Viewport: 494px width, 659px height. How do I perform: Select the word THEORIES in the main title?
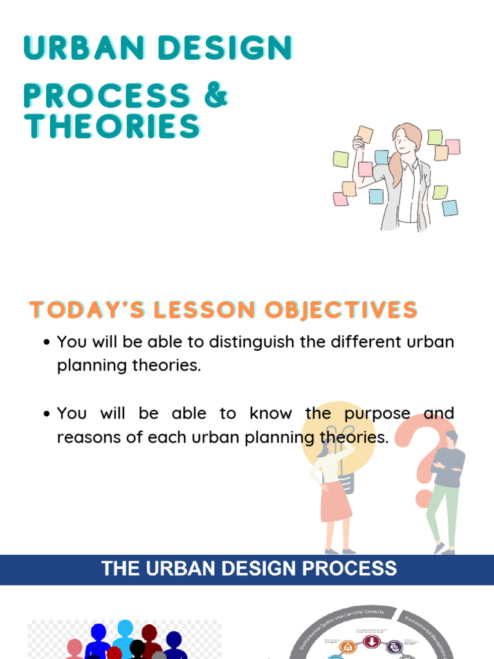point(112,126)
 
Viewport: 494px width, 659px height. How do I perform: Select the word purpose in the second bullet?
point(376,413)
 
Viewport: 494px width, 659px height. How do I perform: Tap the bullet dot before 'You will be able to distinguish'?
point(46,343)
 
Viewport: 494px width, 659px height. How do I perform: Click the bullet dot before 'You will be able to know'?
point(46,414)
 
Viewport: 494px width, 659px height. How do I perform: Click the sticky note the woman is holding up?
point(365,135)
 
